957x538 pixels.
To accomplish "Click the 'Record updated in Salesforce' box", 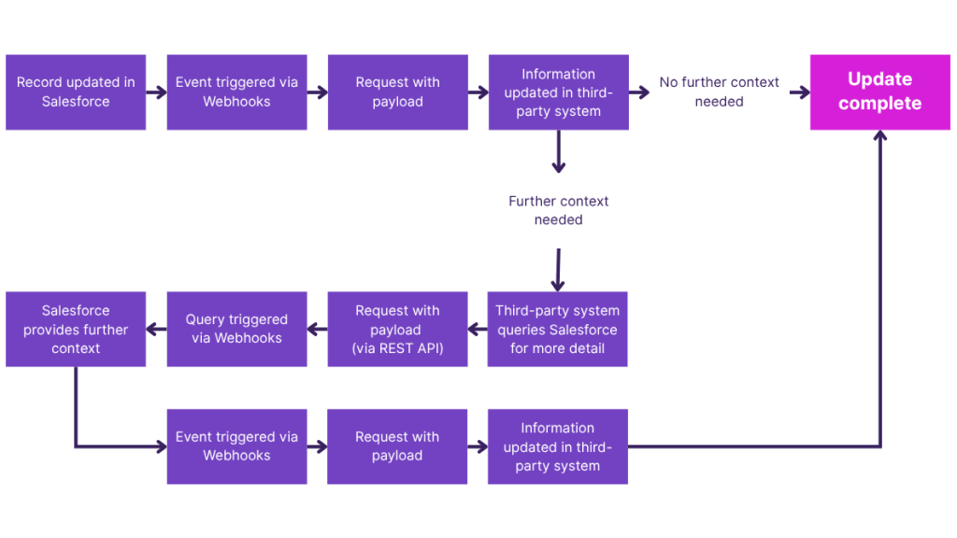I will (x=76, y=92).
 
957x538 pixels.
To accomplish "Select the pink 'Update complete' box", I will (x=879, y=92).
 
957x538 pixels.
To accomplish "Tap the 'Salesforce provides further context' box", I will (x=76, y=329).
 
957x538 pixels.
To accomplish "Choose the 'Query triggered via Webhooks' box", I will (x=236, y=329).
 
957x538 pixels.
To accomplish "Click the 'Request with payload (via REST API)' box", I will (x=397, y=329).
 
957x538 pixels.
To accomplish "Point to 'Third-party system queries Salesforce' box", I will (x=558, y=329).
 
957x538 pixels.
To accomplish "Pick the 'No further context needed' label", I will (x=719, y=92).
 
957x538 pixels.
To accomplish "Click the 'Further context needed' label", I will (x=558, y=210).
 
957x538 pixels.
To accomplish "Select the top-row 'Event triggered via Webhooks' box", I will (x=236, y=92).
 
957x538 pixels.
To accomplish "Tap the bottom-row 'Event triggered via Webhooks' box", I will (x=236, y=446).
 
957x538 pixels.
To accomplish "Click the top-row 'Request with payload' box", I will (x=397, y=92).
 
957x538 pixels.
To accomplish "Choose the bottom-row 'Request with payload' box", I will (x=397, y=446).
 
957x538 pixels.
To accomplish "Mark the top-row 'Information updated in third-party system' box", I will (x=558, y=92).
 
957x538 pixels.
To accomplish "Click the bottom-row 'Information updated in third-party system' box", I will (x=558, y=446).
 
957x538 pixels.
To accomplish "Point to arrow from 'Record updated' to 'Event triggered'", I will (x=156, y=92).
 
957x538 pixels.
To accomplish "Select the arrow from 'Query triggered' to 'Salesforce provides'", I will (x=156, y=329).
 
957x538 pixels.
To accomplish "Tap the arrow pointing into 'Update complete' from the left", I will (x=799, y=92).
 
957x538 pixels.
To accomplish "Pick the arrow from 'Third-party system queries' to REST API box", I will (x=478, y=329).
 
